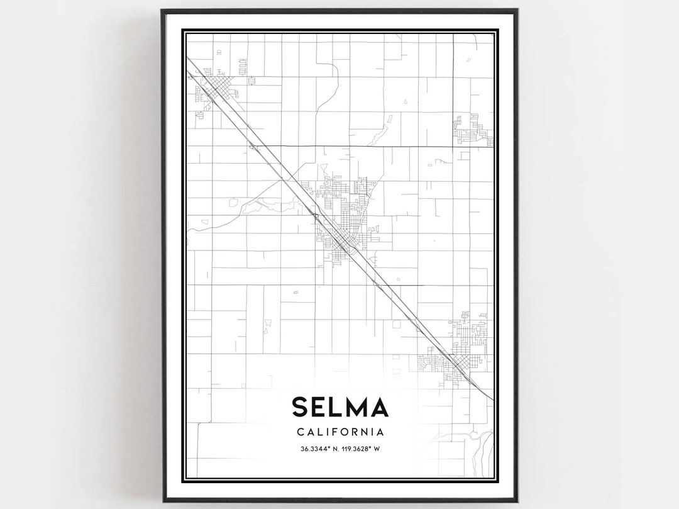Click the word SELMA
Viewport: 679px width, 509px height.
pyautogui.click(x=339, y=407)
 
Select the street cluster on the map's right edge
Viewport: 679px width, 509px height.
pyautogui.click(x=473, y=131)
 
